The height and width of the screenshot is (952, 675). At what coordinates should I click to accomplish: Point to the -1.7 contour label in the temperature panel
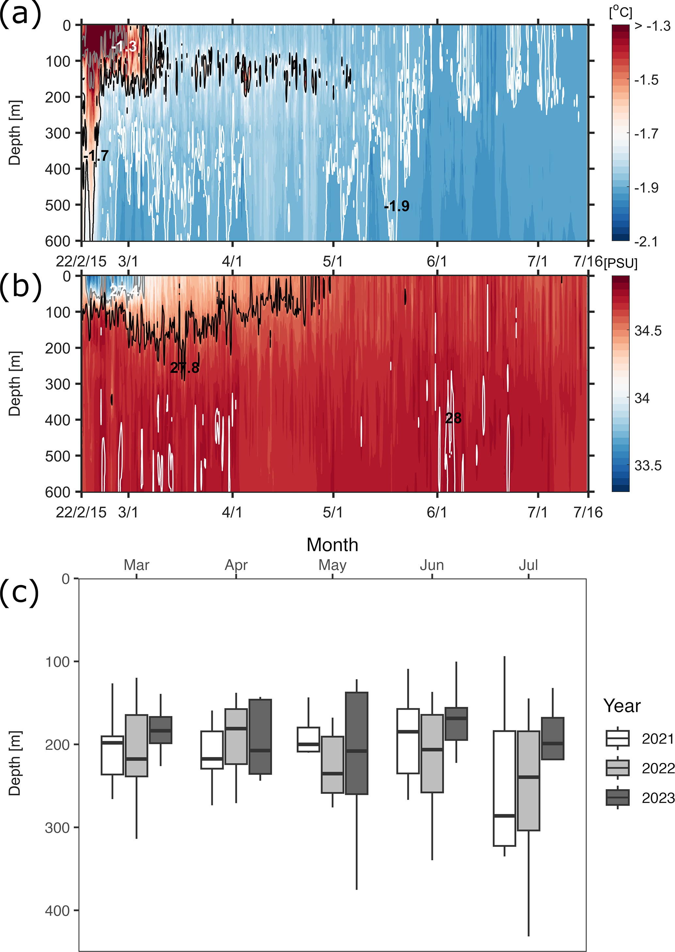tap(96, 156)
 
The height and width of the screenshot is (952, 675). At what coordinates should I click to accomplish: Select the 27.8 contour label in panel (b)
tap(185, 368)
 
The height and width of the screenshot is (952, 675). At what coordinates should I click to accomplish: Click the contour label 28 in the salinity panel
tap(453, 418)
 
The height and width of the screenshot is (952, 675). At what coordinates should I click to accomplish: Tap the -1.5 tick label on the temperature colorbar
tap(646, 80)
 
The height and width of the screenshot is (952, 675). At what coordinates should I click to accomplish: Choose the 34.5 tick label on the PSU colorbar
tap(648, 331)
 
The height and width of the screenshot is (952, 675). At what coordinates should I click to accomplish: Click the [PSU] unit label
tap(620, 263)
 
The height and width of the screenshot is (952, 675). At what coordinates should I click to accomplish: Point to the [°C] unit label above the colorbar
tap(620, 12)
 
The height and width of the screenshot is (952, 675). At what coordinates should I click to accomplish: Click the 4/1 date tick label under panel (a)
tap(232, 262)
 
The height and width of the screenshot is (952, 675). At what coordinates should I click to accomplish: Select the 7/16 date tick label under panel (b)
tap(588, 512)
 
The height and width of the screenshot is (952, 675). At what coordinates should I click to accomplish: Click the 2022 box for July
tap(528, 780)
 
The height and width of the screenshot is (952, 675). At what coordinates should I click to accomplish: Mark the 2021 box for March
tap(112, 755)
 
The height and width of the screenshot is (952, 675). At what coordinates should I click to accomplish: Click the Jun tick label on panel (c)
tap(432, 565)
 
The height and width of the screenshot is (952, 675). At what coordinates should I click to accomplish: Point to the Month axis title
tap(332, 545)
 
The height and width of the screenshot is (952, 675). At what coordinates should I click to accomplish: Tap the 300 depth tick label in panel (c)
tap(57, 827)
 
